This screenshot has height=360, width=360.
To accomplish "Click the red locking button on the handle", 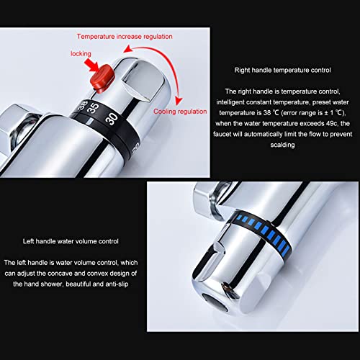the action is click(102, 78).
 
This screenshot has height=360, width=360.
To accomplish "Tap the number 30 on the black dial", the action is click(112, 119).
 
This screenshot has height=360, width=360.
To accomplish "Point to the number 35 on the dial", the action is click(93, 108).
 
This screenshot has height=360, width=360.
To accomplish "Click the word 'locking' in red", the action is click(81, 54).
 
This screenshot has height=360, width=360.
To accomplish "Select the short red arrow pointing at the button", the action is click(91, 65).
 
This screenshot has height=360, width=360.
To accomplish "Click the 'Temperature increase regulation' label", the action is click(125, 37).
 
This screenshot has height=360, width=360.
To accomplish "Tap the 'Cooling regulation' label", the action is click(180, 112).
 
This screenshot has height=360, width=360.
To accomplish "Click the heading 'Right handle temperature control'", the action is click(282, 70).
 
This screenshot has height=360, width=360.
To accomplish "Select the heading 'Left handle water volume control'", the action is click(71, 241).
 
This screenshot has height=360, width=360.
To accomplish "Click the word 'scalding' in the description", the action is click(282, 145).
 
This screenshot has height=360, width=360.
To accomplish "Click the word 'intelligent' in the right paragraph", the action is click(230, 102).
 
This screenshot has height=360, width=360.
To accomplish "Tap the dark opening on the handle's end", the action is click(215, 303).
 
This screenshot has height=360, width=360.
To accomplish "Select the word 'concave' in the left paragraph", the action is click(60, 274).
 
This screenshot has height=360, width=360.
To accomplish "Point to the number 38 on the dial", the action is click(83, 106).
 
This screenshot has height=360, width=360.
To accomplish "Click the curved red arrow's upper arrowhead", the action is click(127, 49).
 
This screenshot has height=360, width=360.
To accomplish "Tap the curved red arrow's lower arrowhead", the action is click(179, 101).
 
